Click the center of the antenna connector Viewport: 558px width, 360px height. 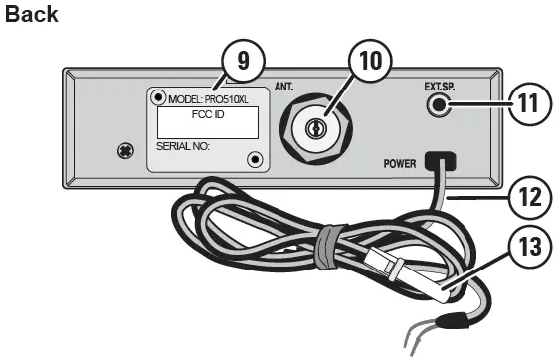pyautogui.click(x=315, y=129)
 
